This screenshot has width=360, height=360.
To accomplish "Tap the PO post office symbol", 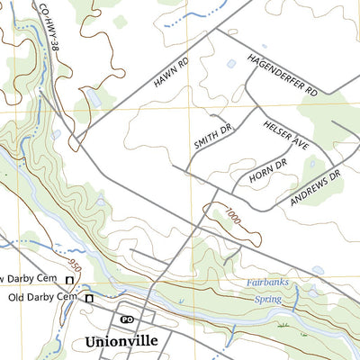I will point(127,319).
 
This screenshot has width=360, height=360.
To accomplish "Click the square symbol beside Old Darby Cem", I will point(89,298).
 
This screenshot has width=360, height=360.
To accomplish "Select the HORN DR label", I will point(266,174).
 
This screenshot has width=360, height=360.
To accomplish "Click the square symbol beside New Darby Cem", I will point(68,280).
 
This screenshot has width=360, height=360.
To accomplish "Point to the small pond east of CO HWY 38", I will point(91,97).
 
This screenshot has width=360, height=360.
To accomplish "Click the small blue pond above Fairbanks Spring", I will point(318,269).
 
